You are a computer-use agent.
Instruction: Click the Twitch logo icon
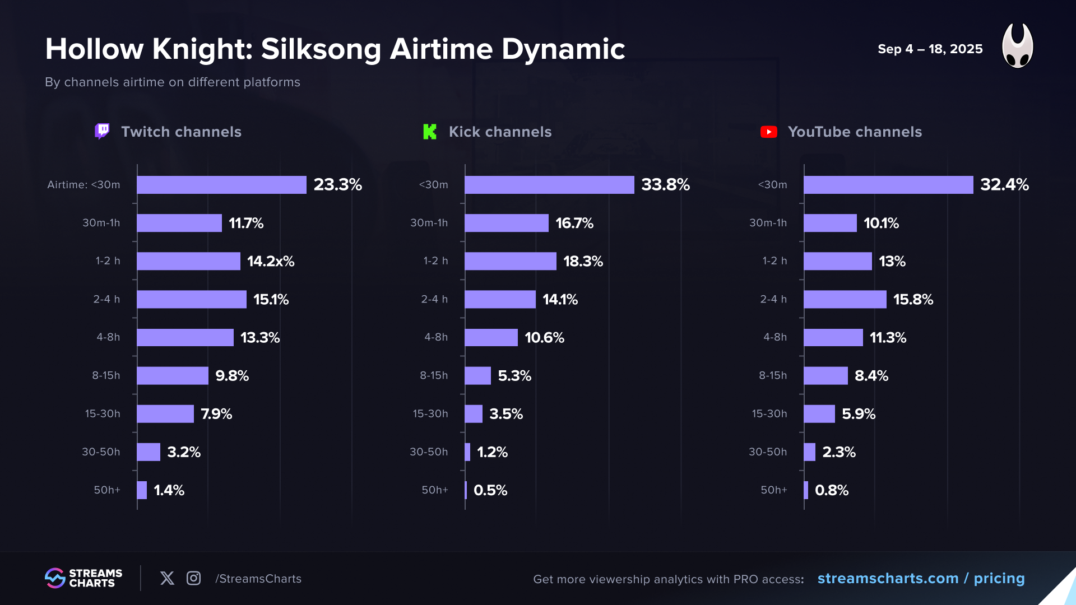102,132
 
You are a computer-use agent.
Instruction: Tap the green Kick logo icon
430,132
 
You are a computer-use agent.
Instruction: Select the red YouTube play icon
769,132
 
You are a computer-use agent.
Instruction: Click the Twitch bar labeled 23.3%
221,185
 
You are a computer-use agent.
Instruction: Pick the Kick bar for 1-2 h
510,261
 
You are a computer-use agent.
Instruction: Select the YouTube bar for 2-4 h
845,299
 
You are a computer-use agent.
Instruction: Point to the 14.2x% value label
271,262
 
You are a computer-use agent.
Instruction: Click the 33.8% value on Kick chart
665,185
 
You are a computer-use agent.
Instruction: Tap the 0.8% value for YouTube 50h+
832,490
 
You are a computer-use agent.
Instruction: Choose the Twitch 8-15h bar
173,375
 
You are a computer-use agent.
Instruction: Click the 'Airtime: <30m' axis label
84,185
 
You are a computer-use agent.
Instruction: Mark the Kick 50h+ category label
435,490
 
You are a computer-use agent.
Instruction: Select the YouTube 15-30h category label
769,414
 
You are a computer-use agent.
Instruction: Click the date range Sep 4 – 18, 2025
930,49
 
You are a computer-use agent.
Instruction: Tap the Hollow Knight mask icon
1017,46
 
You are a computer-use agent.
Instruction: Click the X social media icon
167,578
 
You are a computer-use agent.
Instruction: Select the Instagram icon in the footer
193,578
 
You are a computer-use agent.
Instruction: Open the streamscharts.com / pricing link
921,579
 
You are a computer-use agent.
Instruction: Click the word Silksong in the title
321,49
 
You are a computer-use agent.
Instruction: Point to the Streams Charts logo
84,578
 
